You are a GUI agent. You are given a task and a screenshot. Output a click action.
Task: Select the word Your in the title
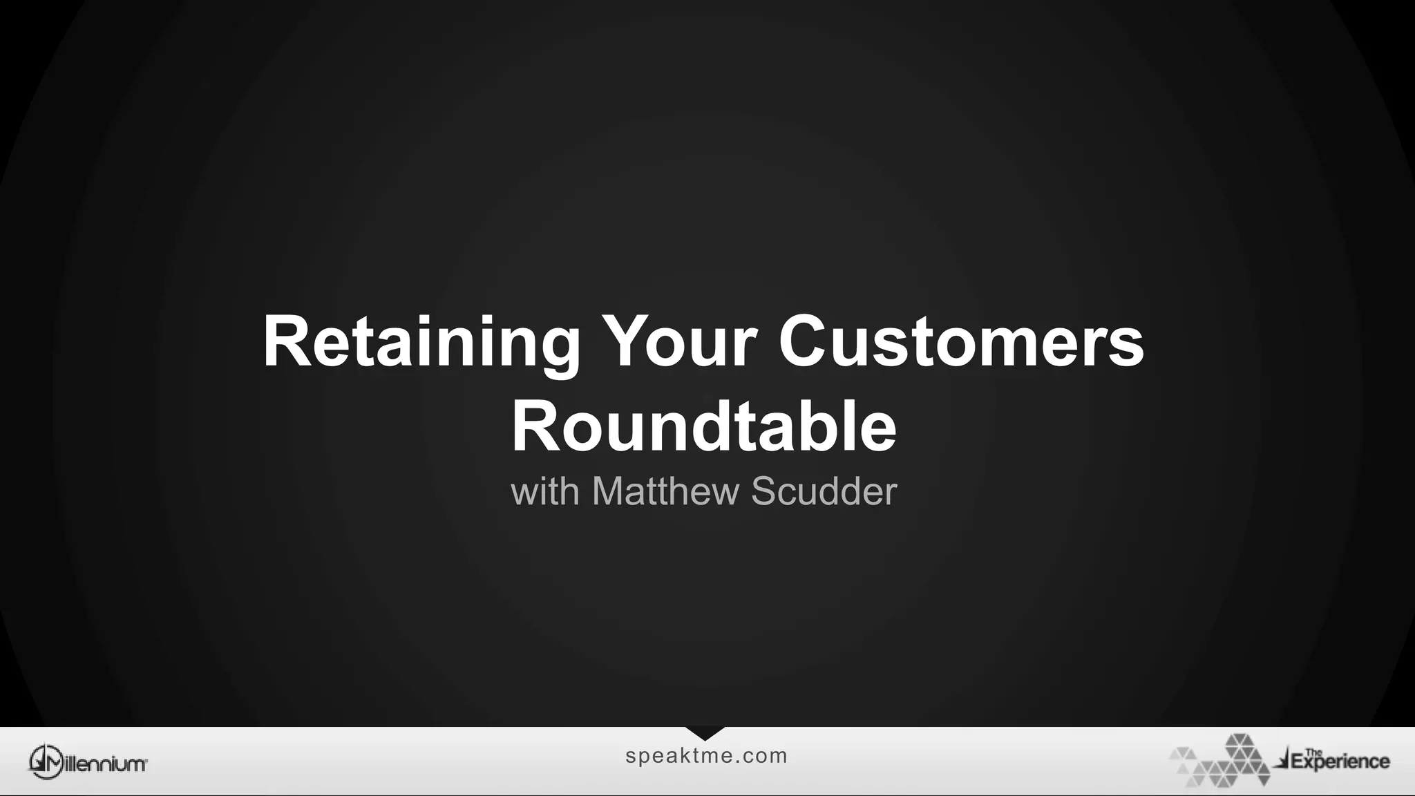[x=679, y=342]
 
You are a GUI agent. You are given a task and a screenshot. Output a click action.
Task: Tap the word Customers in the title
[x=961, y=342]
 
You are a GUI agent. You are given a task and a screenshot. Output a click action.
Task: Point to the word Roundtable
[x=703, y=426]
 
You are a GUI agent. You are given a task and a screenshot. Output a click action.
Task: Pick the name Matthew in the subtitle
[x=665, y=492]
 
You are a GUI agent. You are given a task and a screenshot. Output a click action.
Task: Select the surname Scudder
[x=824, y=492]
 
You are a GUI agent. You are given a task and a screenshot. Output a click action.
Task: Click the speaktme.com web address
[x=706, y=756]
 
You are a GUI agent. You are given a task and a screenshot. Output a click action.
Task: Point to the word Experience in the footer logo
[x=1340, y=762]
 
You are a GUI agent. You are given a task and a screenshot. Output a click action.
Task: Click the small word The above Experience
[x=1313, y=752]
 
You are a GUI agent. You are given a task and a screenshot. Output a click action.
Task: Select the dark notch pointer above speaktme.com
[x=705, y=733]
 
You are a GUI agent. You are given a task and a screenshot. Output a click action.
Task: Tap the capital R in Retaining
[x=285, y=342]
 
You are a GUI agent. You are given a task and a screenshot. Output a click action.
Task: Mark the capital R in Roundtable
[x=534, y=426]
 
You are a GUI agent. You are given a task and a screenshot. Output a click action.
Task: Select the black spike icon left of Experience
[x=1283, y=761]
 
